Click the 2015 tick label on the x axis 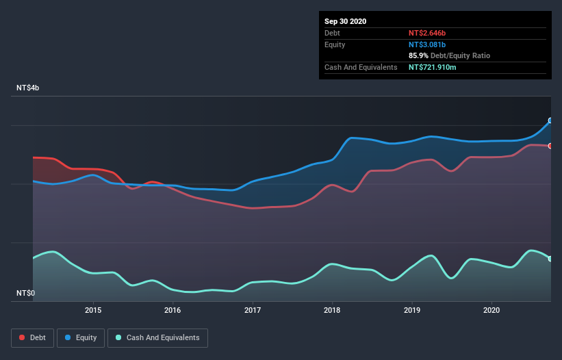click(93, 310)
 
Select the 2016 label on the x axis click(173, 310)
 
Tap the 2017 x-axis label click(253, 310)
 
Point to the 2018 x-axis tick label click(332, 310)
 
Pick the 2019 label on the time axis click(412, 310)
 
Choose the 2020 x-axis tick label click(491, 310)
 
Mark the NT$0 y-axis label click(25, 294)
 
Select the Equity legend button click(81, 337)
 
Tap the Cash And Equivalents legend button click(157, 337)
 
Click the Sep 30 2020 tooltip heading click(346, 21)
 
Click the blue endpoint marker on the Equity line click(550, 120)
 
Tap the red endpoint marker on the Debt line click(550, 146)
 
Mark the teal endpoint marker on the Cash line click(550, 259)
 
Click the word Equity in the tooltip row click(335, 44)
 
